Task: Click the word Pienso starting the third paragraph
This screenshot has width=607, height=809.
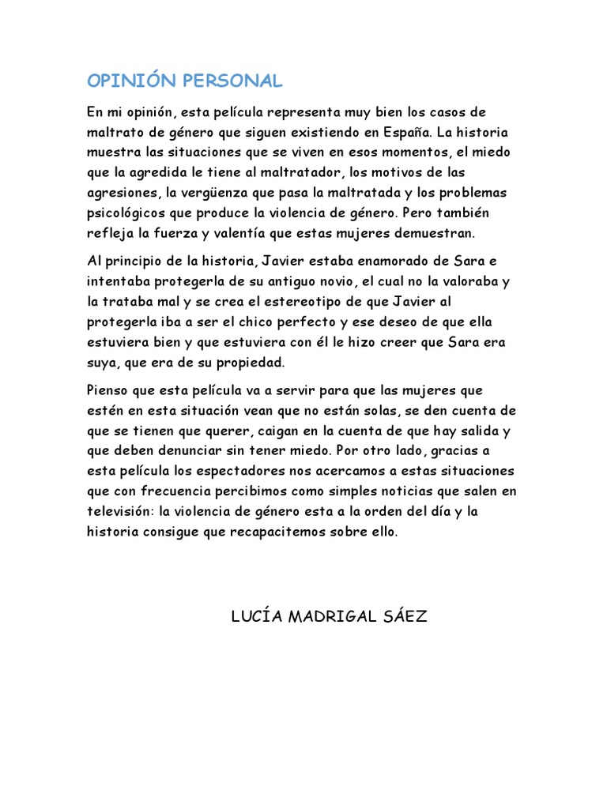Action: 108,389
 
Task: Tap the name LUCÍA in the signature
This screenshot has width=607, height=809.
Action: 256,616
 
